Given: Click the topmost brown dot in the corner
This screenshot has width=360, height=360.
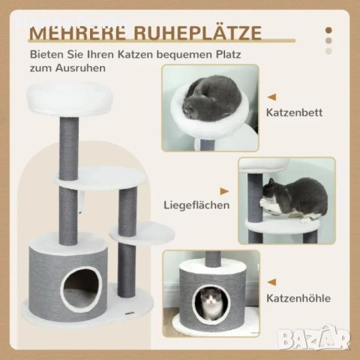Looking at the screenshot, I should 328,31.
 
